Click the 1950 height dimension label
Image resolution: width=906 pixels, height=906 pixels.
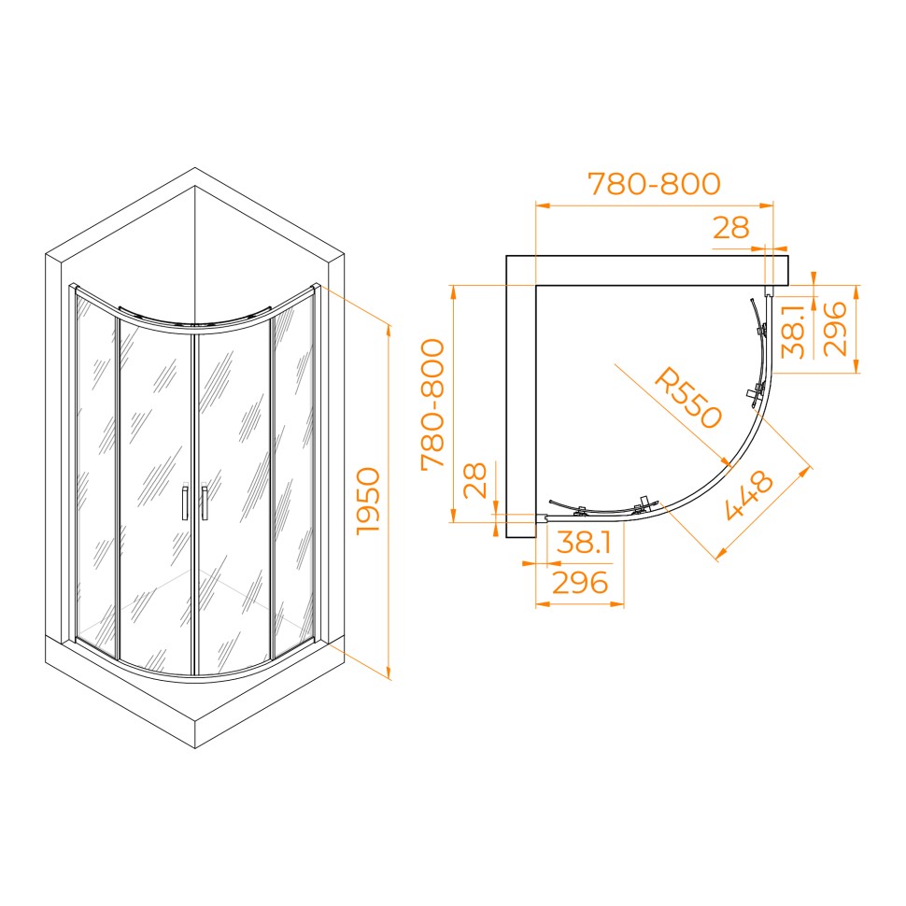[x=369, y=502]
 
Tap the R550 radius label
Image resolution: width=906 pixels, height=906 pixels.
[x=688, y=398]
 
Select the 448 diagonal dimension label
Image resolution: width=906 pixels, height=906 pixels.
[x=749, y=495]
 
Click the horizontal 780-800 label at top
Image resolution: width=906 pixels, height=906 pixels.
[x=654, y=184]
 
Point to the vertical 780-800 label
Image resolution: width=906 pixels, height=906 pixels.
[x=432, y=405]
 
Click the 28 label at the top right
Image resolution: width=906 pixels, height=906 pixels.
[x=731, y=228]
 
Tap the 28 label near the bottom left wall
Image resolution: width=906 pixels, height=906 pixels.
[x=475, y=480]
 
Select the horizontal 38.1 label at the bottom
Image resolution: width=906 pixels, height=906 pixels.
[x=584, y=543]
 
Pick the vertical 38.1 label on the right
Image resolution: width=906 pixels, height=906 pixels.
[x=794, y=332]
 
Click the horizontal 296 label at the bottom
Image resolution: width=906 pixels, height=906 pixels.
[x=580, y=583]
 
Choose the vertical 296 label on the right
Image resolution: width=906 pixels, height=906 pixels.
[x=834, y=329]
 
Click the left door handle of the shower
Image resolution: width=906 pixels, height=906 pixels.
[x=185, y=503]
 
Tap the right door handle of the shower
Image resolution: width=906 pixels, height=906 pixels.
[x=204, y=503]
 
